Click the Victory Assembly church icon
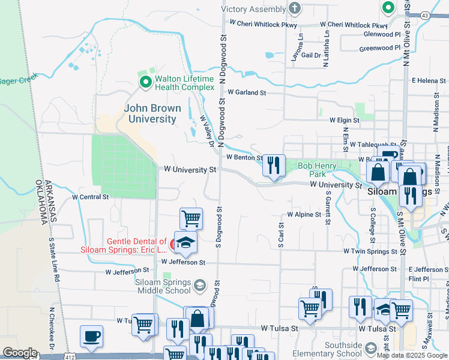point(294,8)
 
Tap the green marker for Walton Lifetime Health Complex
point(145,83)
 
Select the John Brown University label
point(150,113)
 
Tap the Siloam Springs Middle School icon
point(200,286)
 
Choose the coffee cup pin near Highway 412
point(91,337)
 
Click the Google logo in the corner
point(20,353)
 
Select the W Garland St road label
point(247,92)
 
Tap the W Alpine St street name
point(304,214)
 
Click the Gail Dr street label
point(312,55)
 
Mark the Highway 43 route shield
point(425,14)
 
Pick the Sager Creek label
point(18,80)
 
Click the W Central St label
point(90,196)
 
